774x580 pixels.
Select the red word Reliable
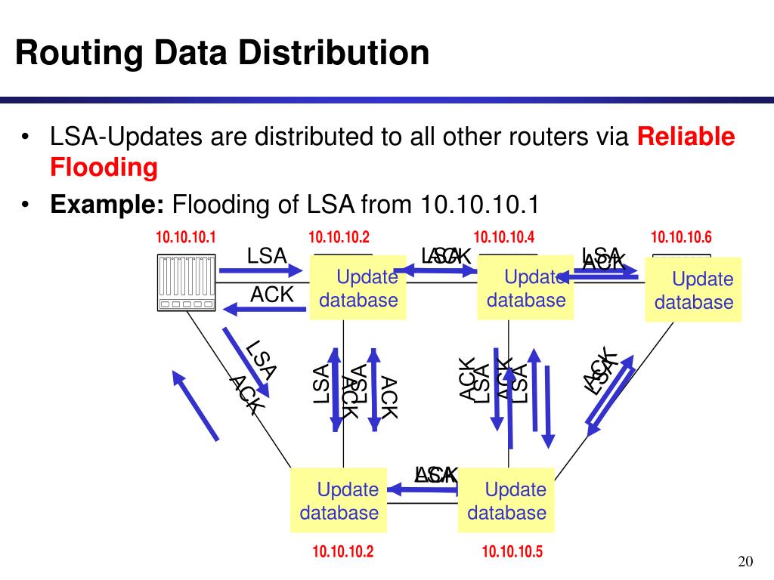(x=686, y=137)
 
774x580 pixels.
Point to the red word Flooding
(x=104, y=167)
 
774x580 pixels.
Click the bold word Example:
(x=107, y=204)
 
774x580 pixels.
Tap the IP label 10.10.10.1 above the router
(x=185, y=239)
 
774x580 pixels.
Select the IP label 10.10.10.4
(x=504, y=239)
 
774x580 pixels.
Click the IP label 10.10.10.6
(x=681, y=239)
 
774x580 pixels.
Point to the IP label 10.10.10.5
(x=512, y=552)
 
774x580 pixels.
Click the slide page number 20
(x=745, y=561)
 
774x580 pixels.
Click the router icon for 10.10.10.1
(x=185, y=282)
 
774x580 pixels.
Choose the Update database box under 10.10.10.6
(x=693, y=290)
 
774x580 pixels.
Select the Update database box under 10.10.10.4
(x=525, y=288)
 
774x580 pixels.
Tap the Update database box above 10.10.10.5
(x=506, y=501)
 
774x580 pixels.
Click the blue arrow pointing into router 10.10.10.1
(x=261, y=307)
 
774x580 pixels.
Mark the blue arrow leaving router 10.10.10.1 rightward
(x=261, y=271)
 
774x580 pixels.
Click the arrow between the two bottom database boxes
(x=423, y=491)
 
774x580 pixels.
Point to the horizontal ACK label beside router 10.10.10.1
(x=271, y=295)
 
